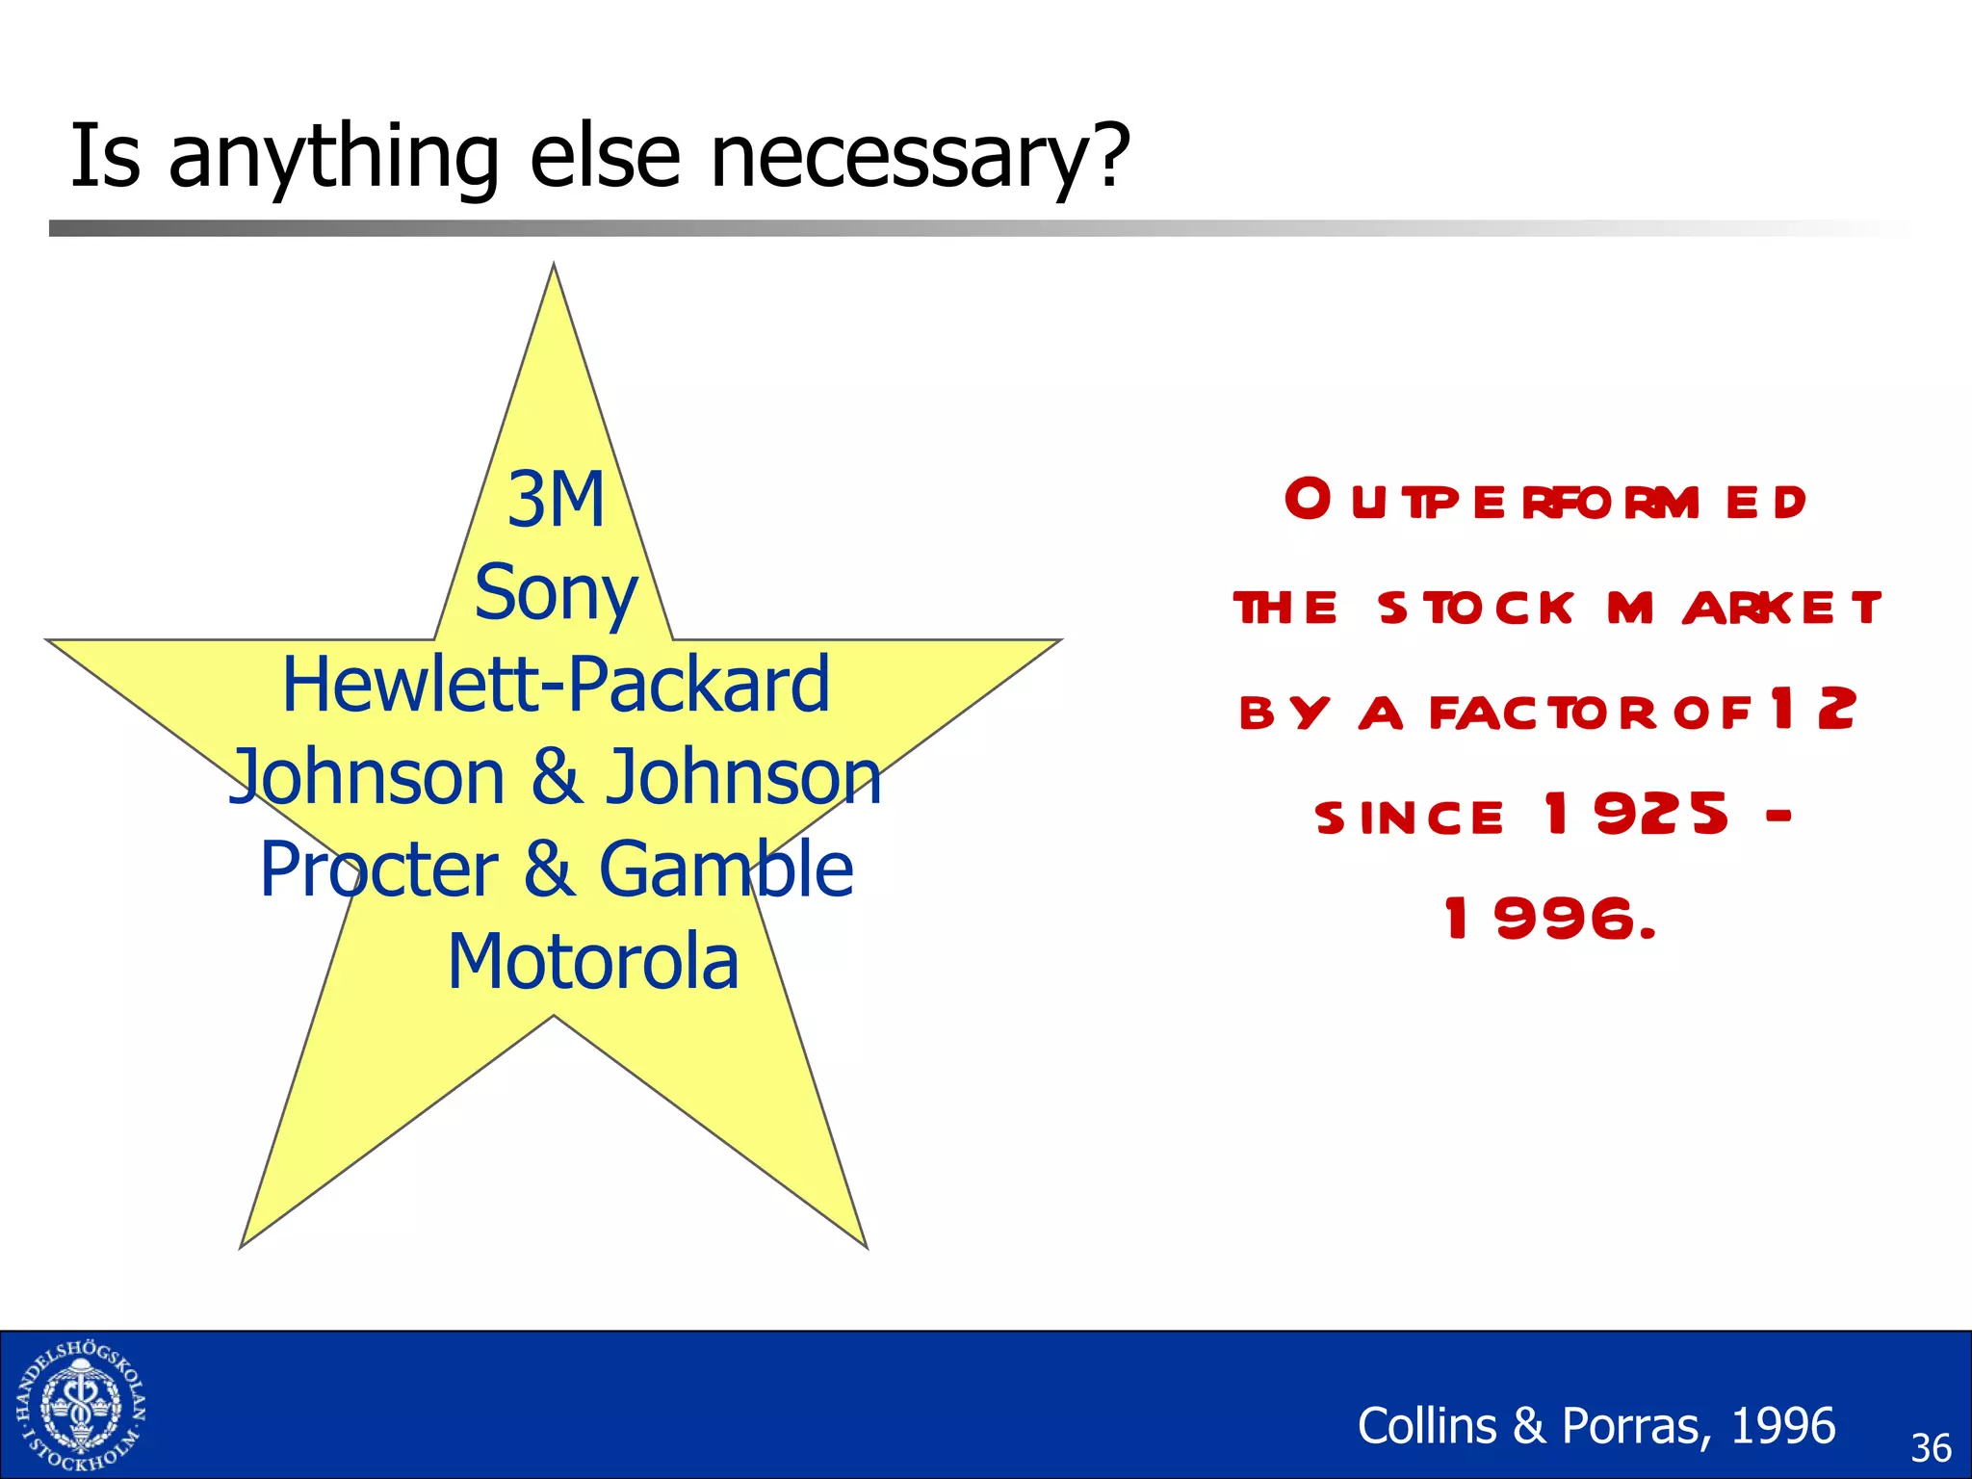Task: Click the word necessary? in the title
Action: [920, 157]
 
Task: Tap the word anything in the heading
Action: [333, 157]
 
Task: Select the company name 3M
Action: [556, 500]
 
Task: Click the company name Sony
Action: [556, 593]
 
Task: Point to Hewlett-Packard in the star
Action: [556, 685]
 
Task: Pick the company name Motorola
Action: [593, 962]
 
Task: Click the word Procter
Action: [378, 869]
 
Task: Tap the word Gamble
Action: [726, 869]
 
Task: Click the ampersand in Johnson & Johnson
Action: [557, 777]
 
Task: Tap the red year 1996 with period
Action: [1550, 919]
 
